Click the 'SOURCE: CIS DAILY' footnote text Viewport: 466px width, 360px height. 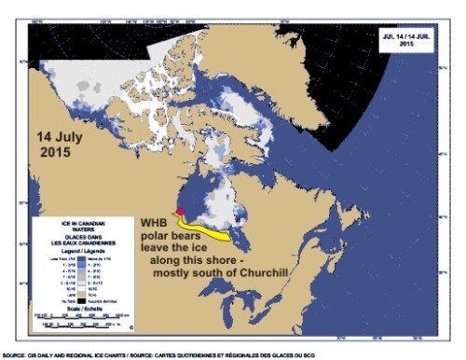point(56,353)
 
